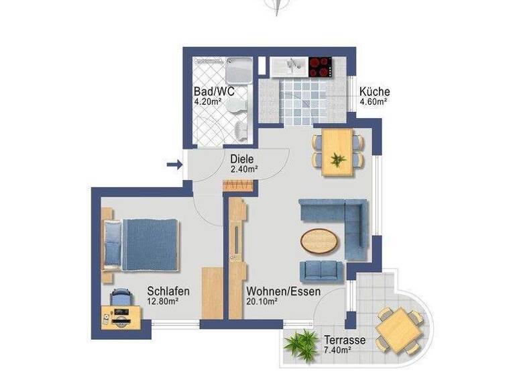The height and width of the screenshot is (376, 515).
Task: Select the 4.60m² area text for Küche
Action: [x=374, y=102]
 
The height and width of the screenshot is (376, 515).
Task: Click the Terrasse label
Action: [x=344, y=340]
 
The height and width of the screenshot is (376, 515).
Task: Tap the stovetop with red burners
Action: [x=321, y=66]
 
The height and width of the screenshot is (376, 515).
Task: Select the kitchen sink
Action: [x=289, y=66]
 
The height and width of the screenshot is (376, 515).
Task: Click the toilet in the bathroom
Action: [x=233, y=107]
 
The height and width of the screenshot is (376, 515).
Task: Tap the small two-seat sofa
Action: [x=321, y=270]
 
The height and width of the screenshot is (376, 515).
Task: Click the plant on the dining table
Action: [x=338, y=160]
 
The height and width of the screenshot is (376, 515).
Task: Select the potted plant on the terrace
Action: [x=300, y=343]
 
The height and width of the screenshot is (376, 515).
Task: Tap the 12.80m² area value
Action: [x=162, y=302]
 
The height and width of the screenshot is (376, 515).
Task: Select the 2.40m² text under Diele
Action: [x=244, y=170]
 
